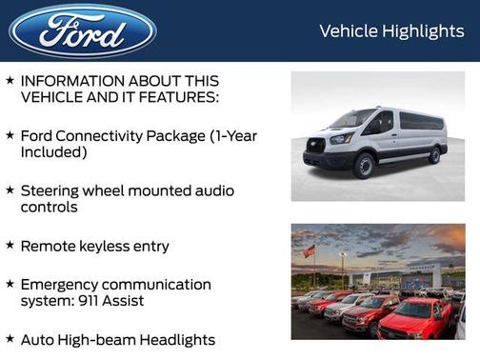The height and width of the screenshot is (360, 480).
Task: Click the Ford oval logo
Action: point(83,31)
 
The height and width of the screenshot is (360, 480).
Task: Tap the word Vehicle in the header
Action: point(349,31)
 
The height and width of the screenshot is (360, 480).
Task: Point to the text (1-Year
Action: point(233,135)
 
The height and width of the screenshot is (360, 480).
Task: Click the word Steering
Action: point(53,190)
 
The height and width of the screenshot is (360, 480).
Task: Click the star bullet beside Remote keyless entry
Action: point(10,245)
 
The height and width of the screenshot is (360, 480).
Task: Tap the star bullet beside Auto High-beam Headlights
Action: point(10,338)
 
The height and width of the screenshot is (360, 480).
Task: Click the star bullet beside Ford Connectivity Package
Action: point(10,134)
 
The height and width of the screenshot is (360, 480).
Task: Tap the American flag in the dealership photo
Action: point(309,251)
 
